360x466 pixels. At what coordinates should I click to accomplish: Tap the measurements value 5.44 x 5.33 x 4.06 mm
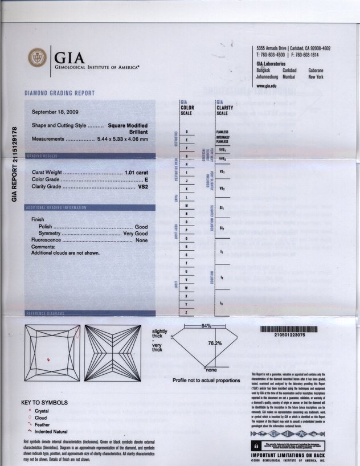122,139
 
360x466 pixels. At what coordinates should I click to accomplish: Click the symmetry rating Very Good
136,234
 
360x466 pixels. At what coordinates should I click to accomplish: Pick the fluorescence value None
142,240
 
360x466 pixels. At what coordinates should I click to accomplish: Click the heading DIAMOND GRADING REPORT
59,93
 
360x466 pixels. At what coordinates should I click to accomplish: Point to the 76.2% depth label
215,344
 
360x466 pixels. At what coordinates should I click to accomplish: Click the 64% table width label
206,325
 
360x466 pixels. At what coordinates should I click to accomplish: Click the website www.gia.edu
267,85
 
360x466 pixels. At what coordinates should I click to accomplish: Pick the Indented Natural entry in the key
51,431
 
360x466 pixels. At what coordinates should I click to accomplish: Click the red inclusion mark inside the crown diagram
49,359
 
